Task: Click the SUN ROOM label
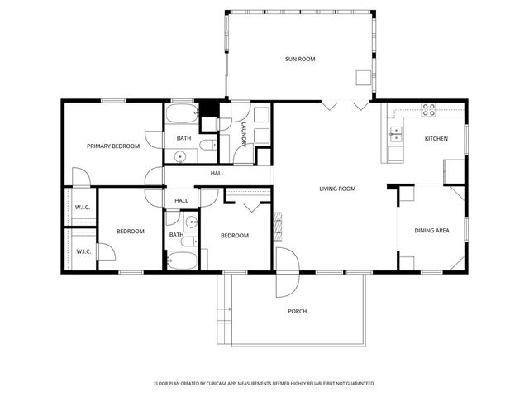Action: pos(301,59)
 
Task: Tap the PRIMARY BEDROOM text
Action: pos(113,146)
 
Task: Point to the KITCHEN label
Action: pos(436,138)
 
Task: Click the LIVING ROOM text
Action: pos(337,189)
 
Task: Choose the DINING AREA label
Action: pos(431,231)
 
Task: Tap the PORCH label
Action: pos(298,311)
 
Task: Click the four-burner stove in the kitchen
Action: pos(428,108)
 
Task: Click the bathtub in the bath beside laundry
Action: pos(181,114)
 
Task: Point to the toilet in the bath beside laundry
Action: pos(207,146)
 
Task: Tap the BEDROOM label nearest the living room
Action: pos(234,236)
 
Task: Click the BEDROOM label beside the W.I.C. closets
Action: pos(130,231)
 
